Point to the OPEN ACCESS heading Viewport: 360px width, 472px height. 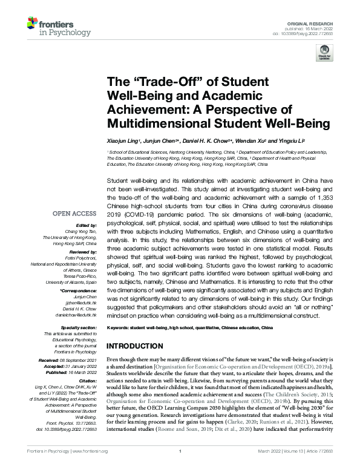pos(74,214)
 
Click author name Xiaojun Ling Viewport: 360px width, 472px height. pos(122,140)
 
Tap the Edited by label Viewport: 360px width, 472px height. pos(85,225)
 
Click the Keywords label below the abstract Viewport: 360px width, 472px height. pos(119,327)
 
